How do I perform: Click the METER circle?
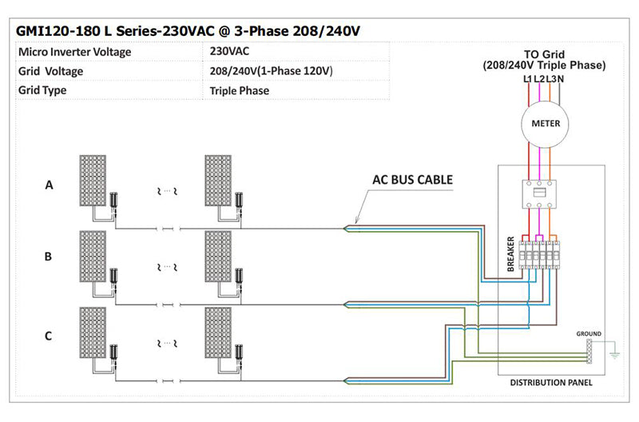pos(546,124)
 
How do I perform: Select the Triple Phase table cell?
pos(240,90)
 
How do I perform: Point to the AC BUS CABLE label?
pos(412,180)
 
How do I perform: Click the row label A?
pos(49,185)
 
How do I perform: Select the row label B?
pos(49,257)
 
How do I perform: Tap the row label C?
pos(49,336)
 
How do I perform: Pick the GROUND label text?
pos(588,333)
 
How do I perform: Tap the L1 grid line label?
pos(528,78)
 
